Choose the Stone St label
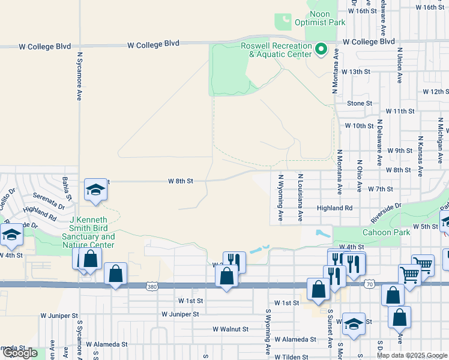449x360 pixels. click(360, 103)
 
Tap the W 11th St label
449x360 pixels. click(400, 112)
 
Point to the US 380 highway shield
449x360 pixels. click(152, 288)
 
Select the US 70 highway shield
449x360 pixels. click(369, 284)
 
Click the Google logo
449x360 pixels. click(20, 353)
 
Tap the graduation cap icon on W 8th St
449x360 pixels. click(95, 190)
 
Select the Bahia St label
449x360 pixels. click(67, 188)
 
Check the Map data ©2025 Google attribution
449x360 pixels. click(412, 355)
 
